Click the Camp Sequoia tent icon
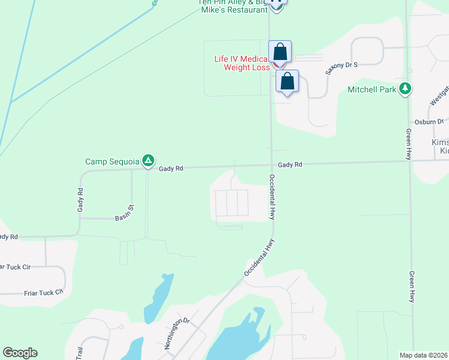(148, 161)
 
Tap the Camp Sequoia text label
(112, 161)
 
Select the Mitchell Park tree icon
(406, 89)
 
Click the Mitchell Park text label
(372, 89)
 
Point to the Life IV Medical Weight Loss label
(243, 63)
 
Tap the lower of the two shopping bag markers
(288, 82)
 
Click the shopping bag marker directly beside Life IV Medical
(280, 52)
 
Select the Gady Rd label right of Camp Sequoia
(170, 169)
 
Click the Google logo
(20, 353)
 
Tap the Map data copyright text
(424, 355)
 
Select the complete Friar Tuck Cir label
(43, 293)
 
